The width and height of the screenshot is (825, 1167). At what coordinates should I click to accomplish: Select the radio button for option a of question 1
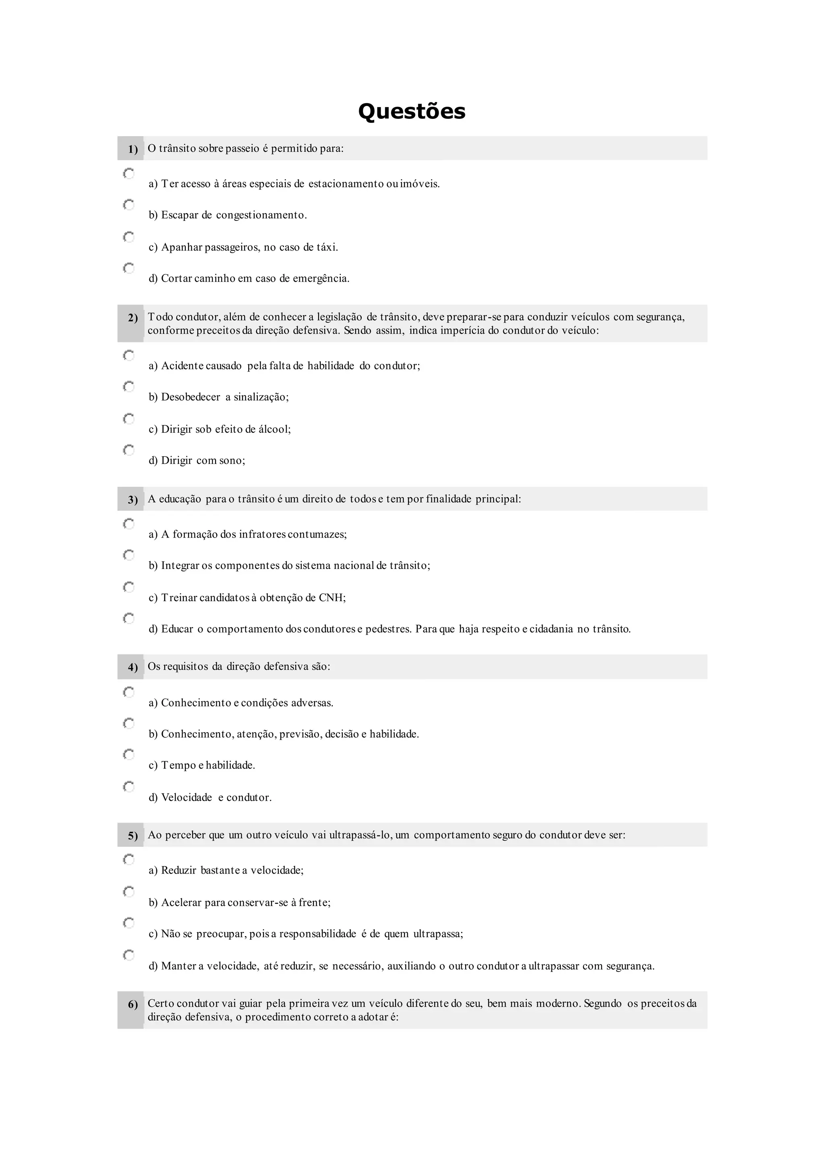(129, 174)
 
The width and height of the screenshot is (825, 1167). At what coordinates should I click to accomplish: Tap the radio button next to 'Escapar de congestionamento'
(129, 205)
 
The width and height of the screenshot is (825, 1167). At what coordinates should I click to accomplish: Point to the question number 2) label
(133, 318)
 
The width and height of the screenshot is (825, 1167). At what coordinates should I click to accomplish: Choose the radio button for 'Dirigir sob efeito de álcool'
(129, 419)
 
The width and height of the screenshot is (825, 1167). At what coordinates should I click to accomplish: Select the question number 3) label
(133, 500)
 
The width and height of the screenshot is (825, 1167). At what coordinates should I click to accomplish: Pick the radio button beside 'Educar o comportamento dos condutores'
(129, 619)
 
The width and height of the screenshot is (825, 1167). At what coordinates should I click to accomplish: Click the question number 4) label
(133, 667)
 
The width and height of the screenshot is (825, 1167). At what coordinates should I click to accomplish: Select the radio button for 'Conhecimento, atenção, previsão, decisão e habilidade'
(129, 723)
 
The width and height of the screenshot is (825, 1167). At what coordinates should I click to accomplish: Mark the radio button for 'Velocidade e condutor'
(129, 787)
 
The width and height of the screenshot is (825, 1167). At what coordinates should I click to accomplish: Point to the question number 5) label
(133, 836)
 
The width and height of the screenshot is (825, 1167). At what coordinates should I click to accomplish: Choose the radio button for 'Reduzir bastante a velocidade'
(129, 860)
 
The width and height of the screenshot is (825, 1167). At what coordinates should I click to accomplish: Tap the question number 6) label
(133, 1005)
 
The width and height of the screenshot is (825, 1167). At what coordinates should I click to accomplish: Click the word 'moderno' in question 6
(558, 1003)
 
